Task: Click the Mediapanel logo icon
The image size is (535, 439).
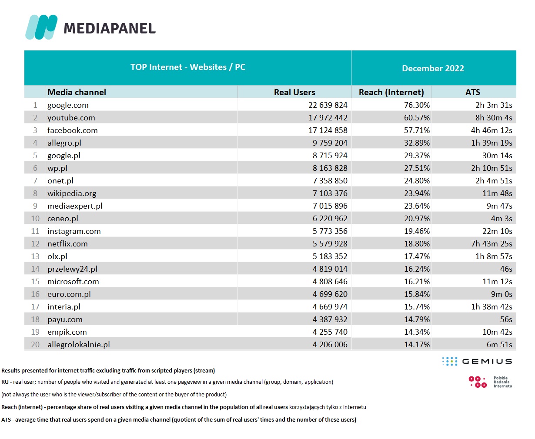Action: point(41,27)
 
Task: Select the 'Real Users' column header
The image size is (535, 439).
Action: point(294,92)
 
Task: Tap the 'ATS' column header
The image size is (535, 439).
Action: point(472,92)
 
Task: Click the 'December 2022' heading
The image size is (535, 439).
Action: point(433,68)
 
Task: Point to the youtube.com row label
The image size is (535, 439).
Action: point(71,118)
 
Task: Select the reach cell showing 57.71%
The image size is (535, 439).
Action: point(417,130)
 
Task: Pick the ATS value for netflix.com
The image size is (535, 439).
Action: point(492,244)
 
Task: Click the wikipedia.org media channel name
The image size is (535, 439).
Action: point(72,193)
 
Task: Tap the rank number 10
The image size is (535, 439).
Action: point(35,219)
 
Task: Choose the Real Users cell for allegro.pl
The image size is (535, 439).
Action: point(330,143)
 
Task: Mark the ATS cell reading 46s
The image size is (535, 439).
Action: point(506,269)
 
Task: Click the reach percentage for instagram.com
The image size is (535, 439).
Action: point(417,231)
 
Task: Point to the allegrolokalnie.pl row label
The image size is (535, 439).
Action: point(78,345)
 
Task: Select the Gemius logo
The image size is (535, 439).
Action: point(477,361)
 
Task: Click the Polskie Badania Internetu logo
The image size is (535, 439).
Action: point(490,382)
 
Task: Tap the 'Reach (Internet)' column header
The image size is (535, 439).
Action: point(391,92)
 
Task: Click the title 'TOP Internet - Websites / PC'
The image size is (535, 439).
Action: point(188,67)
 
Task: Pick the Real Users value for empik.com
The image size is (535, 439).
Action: point(330,332)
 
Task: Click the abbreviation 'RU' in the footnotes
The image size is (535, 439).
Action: point(5,382)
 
